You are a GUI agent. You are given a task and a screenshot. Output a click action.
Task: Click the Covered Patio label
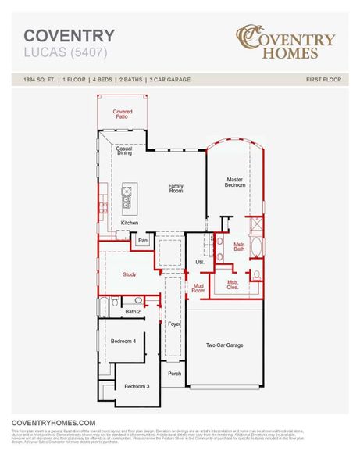123,115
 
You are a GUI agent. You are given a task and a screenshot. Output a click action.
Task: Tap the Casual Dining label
124,151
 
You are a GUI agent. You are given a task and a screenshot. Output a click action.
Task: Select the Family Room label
176,188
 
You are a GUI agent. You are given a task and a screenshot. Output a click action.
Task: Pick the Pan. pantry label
143,241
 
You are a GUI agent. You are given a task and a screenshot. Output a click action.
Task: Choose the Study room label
130,274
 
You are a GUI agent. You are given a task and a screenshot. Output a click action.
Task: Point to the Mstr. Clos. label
233,285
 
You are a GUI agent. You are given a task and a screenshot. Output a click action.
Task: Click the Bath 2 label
133,311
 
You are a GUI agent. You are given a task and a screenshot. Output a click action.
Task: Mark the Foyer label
174,323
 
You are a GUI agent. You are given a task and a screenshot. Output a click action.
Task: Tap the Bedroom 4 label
123,341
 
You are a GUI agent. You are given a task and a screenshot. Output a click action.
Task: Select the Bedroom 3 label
137,386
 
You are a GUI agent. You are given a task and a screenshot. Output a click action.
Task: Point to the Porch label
175,374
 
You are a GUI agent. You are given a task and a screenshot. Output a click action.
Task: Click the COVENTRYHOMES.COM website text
53,421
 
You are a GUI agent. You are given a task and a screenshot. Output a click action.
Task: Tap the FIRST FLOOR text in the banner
320,80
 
